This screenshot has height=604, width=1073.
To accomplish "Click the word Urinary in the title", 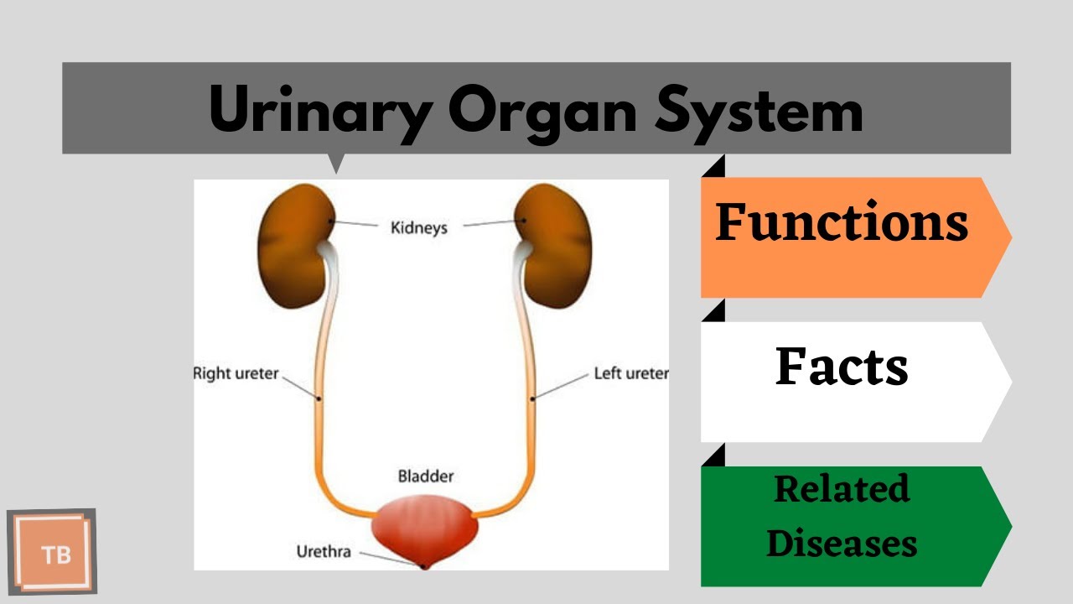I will pos(319,110).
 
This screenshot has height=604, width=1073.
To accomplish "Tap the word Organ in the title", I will pos(540,110).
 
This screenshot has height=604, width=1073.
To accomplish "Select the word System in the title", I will pos(759,110).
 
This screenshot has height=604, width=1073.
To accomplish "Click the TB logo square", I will pos(53,552).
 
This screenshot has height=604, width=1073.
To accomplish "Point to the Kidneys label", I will pos(419,227).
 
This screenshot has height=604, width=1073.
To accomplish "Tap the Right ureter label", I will pos(236,372).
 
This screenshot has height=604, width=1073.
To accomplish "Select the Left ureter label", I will pos(630,372).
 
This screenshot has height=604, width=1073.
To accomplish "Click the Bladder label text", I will pos(425,476).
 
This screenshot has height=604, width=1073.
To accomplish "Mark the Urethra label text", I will pos(324,551).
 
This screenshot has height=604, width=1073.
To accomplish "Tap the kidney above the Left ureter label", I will pos(553,247).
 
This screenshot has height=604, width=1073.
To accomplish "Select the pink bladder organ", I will pos(425,528).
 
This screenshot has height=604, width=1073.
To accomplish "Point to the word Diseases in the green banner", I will pos(842,543).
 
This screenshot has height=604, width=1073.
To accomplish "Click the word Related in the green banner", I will pos(842,489).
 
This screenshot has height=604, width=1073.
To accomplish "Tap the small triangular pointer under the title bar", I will pos(336,163).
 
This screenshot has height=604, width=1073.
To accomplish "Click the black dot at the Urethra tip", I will pos(424,566).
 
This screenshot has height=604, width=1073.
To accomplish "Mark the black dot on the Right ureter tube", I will pos(319,398).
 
